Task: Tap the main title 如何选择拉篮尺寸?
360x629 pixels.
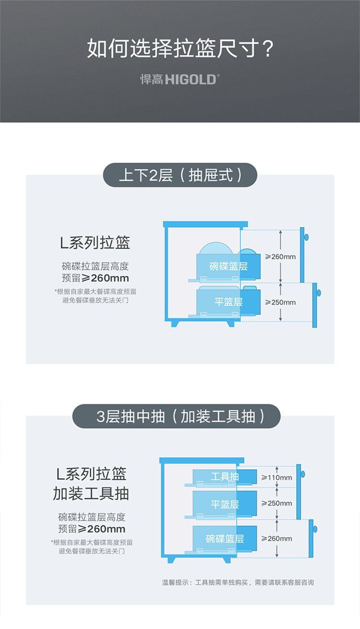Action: [180, 49]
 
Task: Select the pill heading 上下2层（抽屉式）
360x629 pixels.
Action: [180, 175]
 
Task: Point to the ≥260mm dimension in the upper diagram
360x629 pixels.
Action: [280, 257]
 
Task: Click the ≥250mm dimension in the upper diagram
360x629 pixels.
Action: [280, 302]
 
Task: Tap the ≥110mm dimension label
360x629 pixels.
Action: [276, 477]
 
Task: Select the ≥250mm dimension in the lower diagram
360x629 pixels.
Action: [276, 503]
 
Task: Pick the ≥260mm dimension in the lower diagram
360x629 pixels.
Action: [276, 539]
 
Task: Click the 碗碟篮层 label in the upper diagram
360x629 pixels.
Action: [228, 266]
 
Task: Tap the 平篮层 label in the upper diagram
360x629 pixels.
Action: [228, 302]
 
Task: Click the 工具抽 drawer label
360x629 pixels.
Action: [225, 476]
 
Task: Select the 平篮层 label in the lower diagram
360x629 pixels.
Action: [225, 504]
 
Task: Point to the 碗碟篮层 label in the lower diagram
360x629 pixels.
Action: [225, 539]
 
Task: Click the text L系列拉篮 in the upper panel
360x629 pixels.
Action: [95, 243]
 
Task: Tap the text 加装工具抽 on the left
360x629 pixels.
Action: [91, 494]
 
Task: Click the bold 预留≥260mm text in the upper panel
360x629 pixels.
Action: [95, 278]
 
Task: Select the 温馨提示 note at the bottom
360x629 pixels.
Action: [238, 582]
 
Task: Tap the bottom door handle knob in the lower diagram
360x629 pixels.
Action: [315, 528]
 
